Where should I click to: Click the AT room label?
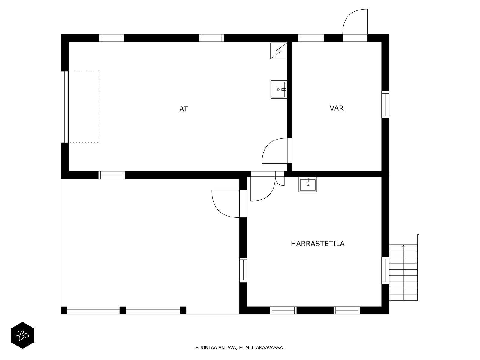(184, 109)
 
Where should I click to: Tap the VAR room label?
(337, 108)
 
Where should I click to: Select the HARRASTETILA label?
(317, 244)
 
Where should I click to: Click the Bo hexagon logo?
(22, 335)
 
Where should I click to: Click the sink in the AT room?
(279, 90)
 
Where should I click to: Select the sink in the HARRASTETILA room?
(308, 184)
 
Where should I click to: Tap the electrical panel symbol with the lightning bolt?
(279, 51)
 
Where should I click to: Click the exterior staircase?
(404, 268)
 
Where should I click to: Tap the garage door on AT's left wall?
(65, 107)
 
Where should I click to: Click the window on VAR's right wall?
(385, 104)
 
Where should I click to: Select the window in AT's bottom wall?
(112, 175)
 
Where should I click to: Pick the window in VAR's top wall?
(311, 38)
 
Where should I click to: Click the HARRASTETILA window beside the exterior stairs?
(385, 271)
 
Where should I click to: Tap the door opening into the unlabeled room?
(229, 204)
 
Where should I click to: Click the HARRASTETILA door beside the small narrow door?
(263, 186)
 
